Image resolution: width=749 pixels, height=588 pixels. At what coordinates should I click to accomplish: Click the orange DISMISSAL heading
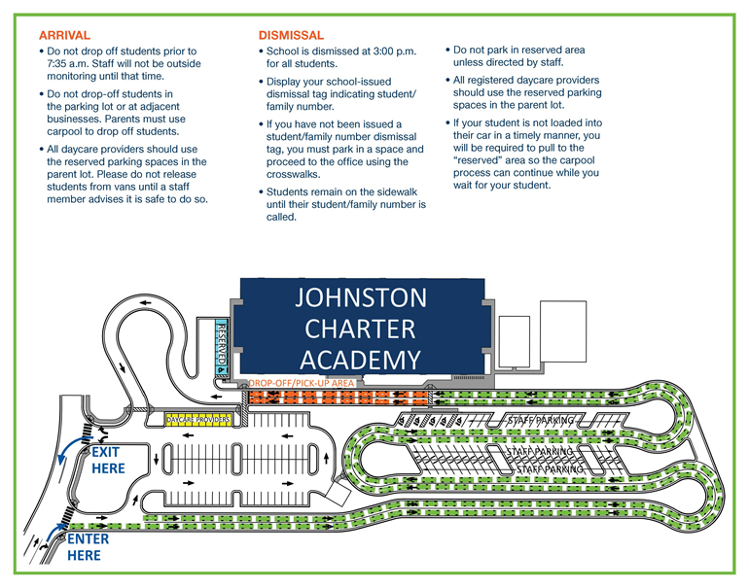(x=291, y=35)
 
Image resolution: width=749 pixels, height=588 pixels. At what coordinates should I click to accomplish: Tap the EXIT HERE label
(x=107, y=461)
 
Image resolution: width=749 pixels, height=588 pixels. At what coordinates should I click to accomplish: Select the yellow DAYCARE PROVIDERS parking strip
(x=197, y=420)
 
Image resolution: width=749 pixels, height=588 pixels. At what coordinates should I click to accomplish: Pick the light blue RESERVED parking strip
(x=221, y=347)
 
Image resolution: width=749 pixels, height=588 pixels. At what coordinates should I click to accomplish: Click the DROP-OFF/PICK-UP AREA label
(x=302, y=384)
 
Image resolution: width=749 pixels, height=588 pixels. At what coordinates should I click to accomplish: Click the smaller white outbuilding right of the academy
(x=512, y=338)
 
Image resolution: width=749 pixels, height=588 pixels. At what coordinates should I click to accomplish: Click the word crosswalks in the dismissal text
(x=297, y=175)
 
